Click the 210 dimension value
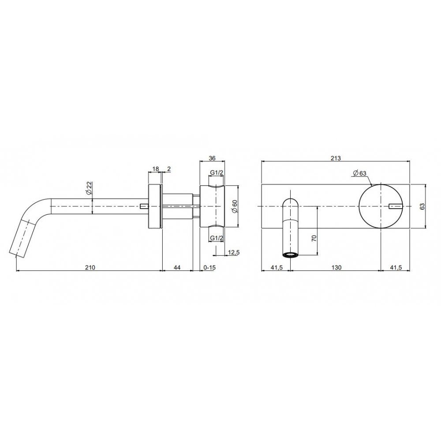[90, 267]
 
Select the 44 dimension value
[177, 267]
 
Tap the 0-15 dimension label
[209, 267]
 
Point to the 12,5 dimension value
[233, 252]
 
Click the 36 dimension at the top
[213, 159]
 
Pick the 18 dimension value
[156, 169]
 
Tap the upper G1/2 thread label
[217, 173]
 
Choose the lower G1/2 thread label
[217, 238]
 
